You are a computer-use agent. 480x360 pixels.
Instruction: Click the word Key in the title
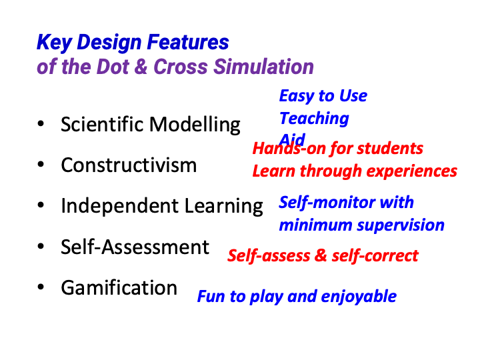click(55, 43)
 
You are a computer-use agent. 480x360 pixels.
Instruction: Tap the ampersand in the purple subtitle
click(141, 67)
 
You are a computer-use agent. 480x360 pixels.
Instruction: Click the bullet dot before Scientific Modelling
click(41, 124)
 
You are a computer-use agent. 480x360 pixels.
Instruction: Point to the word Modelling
click(195, 125)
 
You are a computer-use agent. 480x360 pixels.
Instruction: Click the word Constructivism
click(129, 165)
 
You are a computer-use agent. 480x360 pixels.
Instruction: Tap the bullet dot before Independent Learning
click(41, 205)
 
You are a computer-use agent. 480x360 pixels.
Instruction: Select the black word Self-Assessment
click(135, 247)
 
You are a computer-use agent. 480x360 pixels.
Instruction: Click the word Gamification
click(119, 288)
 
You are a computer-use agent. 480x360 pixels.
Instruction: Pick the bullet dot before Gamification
click(41, 287)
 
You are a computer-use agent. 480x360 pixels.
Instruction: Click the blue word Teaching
click(314, 119)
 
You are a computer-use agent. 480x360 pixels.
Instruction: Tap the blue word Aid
click(293, 139)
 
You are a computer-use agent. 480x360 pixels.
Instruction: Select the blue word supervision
click(401, 225)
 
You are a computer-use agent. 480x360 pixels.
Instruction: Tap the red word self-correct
click(375, 255)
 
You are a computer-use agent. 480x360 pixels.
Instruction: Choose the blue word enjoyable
click(359, 297)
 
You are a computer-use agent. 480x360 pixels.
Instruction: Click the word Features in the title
click(188, 42)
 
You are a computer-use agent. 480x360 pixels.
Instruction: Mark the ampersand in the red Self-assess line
click(321, 255)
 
